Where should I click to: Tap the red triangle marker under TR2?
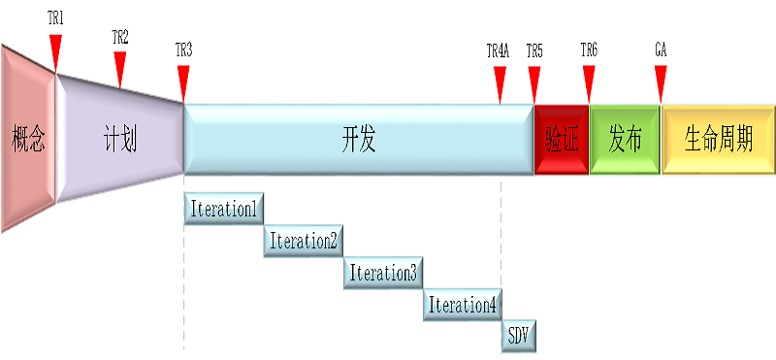pos(120,67)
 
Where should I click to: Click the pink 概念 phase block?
pos(28,139)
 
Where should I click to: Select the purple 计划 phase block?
pos(119,139)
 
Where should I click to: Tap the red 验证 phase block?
pos(562,140)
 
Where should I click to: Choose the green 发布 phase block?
pos(625,140)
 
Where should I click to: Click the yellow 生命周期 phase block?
pos(719,140)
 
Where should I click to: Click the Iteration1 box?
pos(224,209)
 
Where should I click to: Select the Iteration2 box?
pos(304,241)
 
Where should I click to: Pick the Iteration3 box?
pos(383,273)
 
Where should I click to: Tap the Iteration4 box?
pos(463,305)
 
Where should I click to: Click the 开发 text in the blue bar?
pos(358,140)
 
